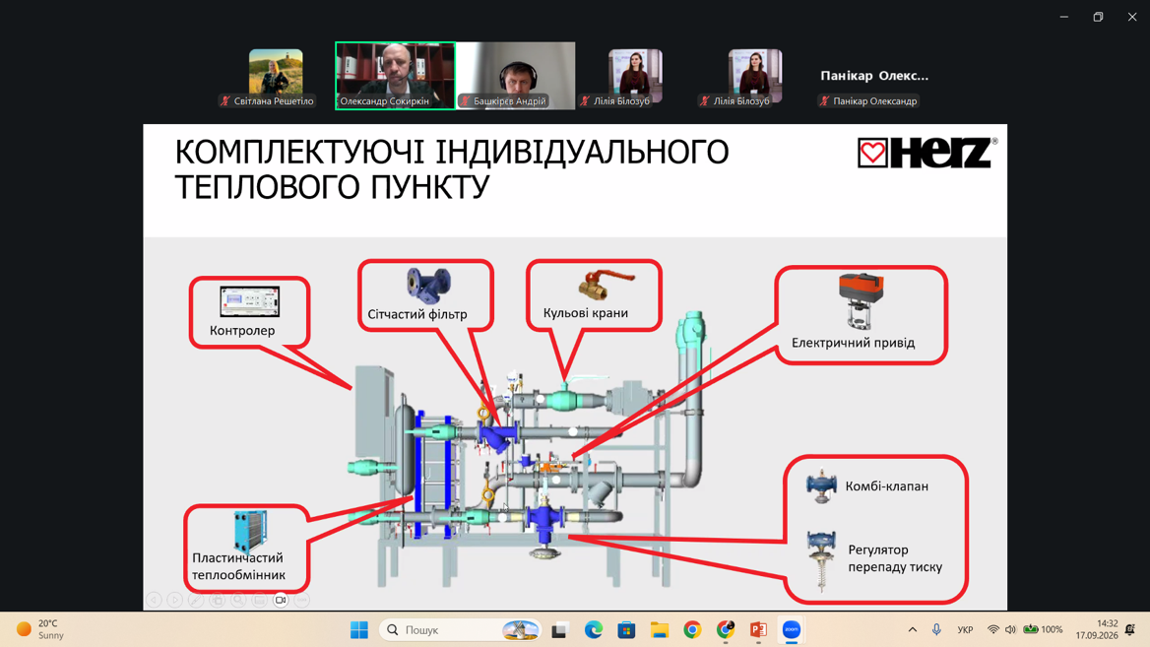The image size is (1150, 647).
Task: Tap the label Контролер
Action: pyautogui.click(x=242, y=330)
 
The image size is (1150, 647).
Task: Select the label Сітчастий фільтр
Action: pyautogui.click(x=417, y=314)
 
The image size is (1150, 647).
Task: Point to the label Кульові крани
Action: pyautogui.click(x=585, y=312)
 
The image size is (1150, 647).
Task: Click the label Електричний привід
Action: pyautogui.click(x=853, y=343)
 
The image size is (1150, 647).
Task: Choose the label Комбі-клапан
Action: pyautogui.click(x=887, y=485)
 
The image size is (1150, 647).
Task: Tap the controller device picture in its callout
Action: pyautogui.click(x=249, y=301)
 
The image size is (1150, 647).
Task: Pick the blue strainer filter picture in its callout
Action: pyautogui.click(x=428, y=286)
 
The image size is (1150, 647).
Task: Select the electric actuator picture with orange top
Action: pyautogui.click(x=862, y=300)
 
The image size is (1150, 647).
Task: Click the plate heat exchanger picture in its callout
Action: pyautogui.click(x=250, y=531)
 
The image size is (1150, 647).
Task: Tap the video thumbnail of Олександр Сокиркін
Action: pyautogui.click(x=396, y=76)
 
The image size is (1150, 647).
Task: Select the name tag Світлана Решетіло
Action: pyautogui.click(x=274, y=101)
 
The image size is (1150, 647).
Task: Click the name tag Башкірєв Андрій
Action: pyautogui.click(x=510, y=101)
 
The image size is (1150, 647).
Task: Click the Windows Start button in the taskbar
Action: pyautogui.click(x=359, y=629)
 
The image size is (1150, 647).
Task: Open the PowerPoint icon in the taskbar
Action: pyautogui.click(x=758, y=629)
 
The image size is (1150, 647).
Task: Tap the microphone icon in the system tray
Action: pyautogui.click(x=936, y=629)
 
